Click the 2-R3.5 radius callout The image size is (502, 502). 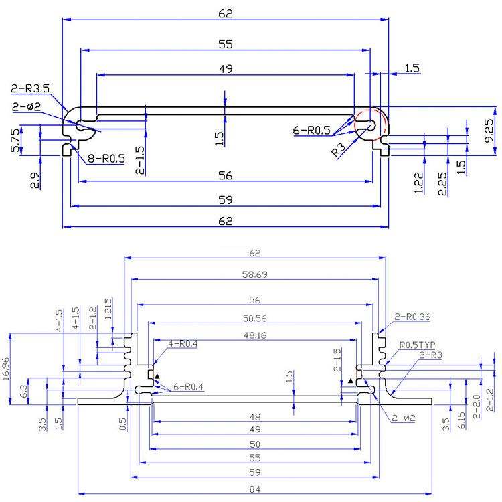coord(30,88)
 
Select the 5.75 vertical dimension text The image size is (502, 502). coord(15,141)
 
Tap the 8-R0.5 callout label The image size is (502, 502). coord(106,158)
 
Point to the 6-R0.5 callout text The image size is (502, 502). coord(311,130)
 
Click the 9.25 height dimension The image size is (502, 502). coord(489,131)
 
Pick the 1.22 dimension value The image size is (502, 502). coord(419,183)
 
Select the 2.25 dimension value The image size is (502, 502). coord(442,184)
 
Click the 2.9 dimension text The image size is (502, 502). coord(35,181)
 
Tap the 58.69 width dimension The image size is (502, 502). coord(254,274)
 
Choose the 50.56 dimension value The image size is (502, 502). coord(254,318)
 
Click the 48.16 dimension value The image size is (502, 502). coord(255,335)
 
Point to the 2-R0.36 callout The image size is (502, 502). coord(412,317)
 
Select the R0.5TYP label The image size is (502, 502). coord(417,345)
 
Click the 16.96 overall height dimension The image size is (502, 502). coord(6,369)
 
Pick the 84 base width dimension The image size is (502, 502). coord(255,489)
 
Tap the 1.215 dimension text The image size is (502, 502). coord(108,309)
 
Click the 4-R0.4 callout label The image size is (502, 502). coord(183,343)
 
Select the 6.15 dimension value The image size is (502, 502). coord(461,420)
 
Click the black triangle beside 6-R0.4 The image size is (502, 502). coord(157,376)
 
